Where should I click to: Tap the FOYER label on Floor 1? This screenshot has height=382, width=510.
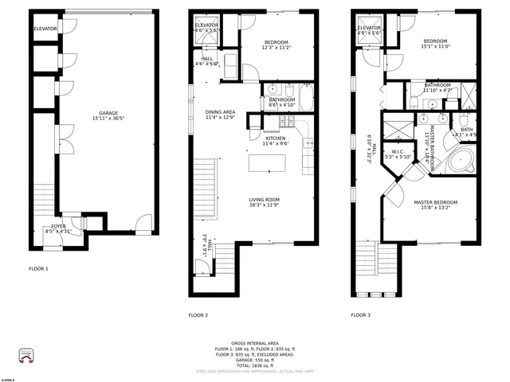[x=59, y=226]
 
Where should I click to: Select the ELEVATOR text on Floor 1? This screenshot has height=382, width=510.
[x=45, y=29]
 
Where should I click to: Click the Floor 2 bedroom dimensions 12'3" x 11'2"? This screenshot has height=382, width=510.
[x=276, y=48]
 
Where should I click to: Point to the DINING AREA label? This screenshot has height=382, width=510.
[x=220, y=112]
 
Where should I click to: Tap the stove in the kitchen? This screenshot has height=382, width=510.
[x=286, y=123]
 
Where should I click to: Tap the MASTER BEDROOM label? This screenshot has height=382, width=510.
[x=434, y=203]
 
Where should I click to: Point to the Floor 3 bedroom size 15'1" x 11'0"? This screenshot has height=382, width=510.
[x=435, y=48]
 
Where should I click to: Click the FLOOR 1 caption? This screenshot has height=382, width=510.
[x=38, y=269]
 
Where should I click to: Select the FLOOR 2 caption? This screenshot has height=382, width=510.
[x=198, y=315]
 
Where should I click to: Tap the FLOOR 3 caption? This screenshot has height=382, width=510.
[x=360, y=315]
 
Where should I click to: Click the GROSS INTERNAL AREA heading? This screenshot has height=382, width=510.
[x=255, y=343]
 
